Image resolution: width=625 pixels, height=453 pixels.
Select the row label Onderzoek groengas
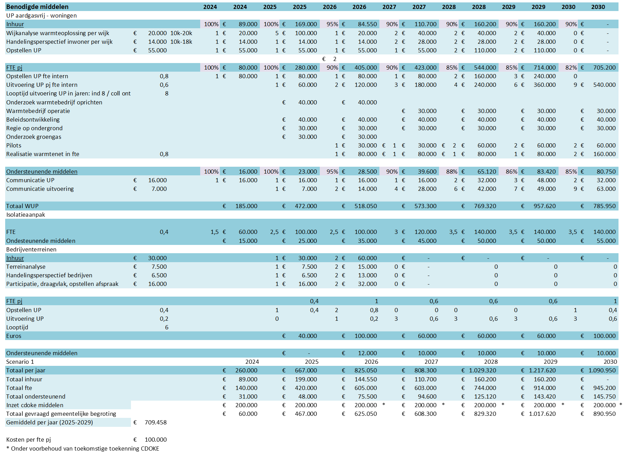[34, 137]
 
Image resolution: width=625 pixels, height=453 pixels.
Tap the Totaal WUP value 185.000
[246, 206]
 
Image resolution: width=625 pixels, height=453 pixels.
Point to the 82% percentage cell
[571, 68]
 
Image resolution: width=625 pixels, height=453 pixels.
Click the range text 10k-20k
[181, 33]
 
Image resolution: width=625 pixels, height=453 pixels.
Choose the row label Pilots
[14, 145]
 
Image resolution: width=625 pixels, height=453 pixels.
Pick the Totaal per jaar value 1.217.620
[542, 370]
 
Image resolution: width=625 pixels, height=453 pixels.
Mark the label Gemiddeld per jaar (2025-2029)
[50, 422]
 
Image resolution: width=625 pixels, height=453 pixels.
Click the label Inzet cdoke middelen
[35, 405]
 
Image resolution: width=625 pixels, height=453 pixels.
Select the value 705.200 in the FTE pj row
[604, 68]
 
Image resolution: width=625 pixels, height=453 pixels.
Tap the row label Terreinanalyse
[26, 267]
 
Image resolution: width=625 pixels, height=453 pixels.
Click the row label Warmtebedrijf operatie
[38, 111]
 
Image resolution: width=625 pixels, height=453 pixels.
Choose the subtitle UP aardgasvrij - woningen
[41, 16]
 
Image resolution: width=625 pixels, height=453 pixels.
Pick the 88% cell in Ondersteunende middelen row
[451, 172]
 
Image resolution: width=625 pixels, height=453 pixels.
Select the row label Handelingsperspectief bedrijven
[49, 275]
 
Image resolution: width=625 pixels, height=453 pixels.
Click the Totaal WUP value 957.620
[544, 206]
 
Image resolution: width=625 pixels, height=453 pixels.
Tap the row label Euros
[14, 336]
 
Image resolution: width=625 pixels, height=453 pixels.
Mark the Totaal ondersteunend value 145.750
[604, 397]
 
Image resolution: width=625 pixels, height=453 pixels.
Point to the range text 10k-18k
[181, 42]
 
